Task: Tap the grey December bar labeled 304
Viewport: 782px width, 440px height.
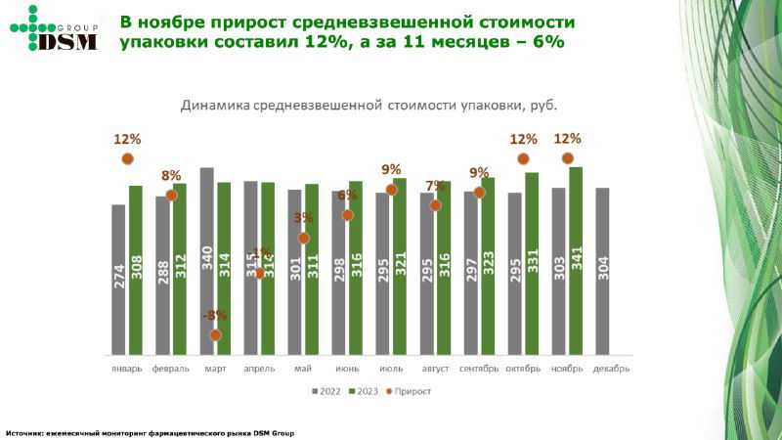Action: [x=602, y=271]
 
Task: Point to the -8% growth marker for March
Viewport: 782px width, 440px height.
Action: [x=215, y=334]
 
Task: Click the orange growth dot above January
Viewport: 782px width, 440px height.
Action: [x=127, y=158]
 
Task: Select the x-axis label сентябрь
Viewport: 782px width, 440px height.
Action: [x=478, y=369]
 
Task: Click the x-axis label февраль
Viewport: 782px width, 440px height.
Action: [x=170, y=369]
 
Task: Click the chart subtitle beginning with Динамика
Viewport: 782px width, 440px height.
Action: [x=374, y=106]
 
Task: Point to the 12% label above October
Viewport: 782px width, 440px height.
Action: [x=523, y=139]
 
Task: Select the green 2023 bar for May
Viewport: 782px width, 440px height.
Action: [x=312, y=269]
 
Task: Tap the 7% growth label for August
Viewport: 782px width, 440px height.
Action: [x=435, y=187]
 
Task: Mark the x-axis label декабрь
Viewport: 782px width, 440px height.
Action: [x=610, y=369]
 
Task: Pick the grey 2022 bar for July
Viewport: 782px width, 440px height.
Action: [x=382, y=273]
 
